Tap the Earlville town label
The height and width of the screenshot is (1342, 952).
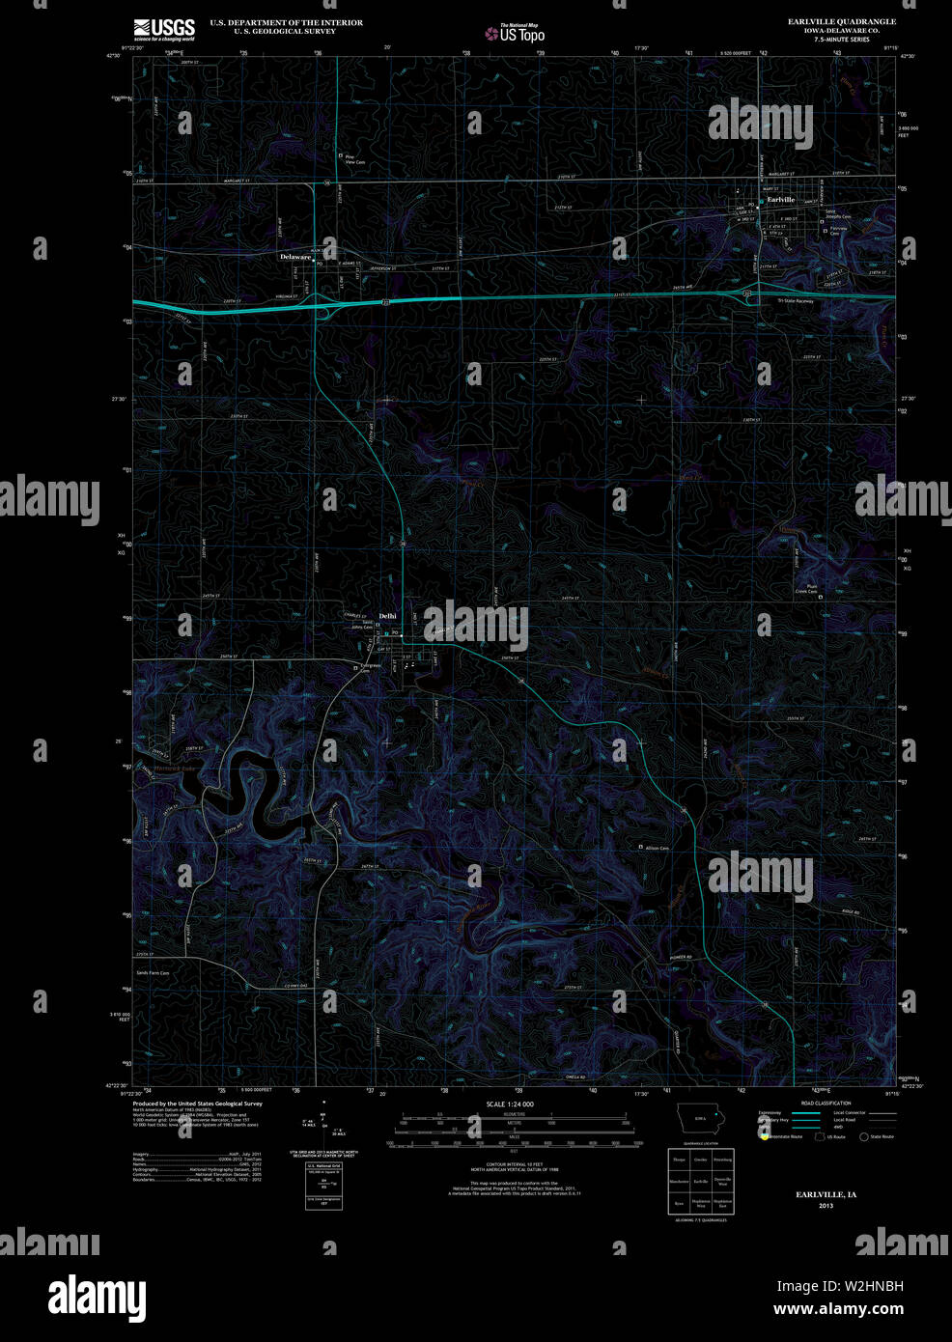click(780, 200)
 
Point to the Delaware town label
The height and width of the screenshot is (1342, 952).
click(294, 258)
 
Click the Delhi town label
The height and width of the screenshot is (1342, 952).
click(387, 616)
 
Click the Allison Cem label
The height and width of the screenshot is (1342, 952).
click(658, 848)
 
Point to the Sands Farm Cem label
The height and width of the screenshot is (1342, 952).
click(153, 973)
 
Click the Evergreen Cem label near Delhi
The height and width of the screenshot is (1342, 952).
click(371, 668)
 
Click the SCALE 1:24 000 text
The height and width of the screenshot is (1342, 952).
click(510, 1104)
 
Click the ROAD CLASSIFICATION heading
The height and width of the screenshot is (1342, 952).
click(826, 1103)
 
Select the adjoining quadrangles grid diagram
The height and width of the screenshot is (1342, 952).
click(701, 1180)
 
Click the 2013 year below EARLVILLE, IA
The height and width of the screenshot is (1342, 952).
click(826, 1206)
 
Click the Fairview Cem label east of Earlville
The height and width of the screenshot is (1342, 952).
click(838, 231)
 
